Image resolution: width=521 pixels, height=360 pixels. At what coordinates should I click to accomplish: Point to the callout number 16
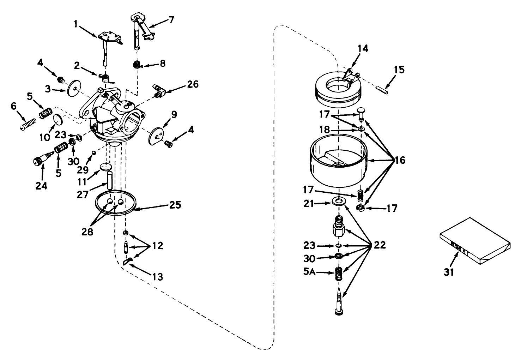tap(400, 161)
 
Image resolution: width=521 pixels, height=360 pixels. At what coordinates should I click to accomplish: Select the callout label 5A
tap(310, 273)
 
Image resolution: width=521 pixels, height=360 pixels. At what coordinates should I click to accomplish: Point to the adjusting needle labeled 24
tap(40, 161)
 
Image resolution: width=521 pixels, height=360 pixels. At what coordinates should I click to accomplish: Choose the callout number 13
tap(158, 277)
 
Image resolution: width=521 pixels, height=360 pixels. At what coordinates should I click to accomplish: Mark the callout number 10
tap(45, 137)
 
